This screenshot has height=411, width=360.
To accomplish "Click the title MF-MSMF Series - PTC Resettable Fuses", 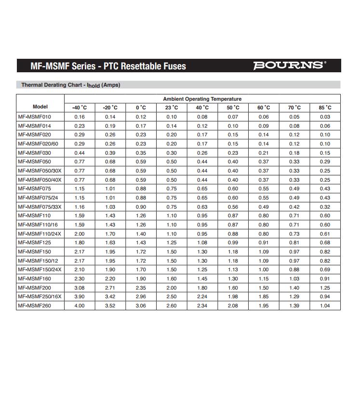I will click(x=108, y=66).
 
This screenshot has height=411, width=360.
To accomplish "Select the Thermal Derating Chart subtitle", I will click(x=70, y=85).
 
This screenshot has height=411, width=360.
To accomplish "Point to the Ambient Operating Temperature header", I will click(x=202, y=99).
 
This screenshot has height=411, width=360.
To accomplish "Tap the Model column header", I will click(x=40, y=107).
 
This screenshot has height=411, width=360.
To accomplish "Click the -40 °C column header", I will click(x=80, y=107).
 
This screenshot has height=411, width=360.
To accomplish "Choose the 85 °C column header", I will click(x=325, y=107).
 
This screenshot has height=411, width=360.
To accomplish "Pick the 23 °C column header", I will click(x=172, y=107).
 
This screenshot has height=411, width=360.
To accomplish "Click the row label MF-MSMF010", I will click(x=34, y=117).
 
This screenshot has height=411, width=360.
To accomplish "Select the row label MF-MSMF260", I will click(x=34, y=305).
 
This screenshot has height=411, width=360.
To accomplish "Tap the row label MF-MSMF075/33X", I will click(x=40, y=207).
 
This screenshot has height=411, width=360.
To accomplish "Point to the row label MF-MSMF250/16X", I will click(x=40, y=296).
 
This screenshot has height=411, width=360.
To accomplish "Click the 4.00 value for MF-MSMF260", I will click(x=80, y=305).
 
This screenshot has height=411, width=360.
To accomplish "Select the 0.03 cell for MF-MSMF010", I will click(x=325, y=117).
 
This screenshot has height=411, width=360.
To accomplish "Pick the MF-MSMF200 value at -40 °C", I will click(x=80, y=288).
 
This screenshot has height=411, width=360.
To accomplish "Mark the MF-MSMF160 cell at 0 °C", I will click(x=141, y=278).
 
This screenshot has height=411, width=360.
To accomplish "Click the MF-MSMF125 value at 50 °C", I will click(x=233, y=242).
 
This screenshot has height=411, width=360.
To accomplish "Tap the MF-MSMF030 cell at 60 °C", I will click(x=264, y=153).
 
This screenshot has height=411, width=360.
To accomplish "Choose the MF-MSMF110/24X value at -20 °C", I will click(x=110, y=234).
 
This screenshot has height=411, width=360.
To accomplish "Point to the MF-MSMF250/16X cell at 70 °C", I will click(x=294, y=296).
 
